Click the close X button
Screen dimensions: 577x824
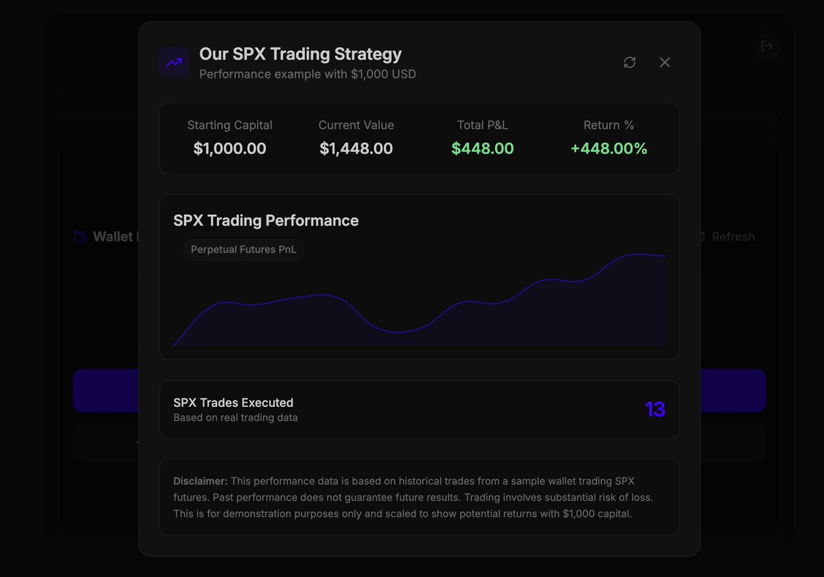pyautogui.click(x=665, y=62)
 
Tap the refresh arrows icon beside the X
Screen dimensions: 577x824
pyautogui.click(x=630, y=62)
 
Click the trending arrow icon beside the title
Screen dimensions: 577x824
pyautogui.click(x=174, y=62)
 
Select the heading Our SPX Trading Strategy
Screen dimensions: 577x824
pyautogui.click(x=300, y=54)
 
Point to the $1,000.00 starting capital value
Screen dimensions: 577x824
pyautogui.click(x=229, y=148)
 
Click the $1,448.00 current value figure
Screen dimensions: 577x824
pyautogui.click(x=356, y=148)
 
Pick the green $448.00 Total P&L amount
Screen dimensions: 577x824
pyautogui.click(x=482, y=148)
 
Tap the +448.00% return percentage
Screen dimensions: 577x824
pyautogui.click(x=608, y=148)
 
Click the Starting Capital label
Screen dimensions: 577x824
pyautogui.click(x=229, y=125)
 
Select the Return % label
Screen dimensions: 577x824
pyautogui.click(x=608, y=125)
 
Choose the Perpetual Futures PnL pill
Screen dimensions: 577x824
pyautogui.click(x=244, y=250)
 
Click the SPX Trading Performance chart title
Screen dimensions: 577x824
pyautogui.click(x=266, y=220)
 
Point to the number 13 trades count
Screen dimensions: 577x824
pyautogui.click(x=655, y=410)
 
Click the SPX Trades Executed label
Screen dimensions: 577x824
pyautogui.click(x=233, y=403)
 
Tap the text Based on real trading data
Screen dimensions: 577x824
pyautogui.click(x=236, y=417)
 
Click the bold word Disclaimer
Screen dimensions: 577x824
pyautogui.click(x=200, y=481)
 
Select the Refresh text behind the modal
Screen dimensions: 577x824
pyautogui.click(x=733, y=237)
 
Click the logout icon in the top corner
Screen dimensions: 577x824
pyautogui.click(x=767, y=46)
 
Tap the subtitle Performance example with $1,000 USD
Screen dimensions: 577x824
pyautogui.click(x=308, y=74)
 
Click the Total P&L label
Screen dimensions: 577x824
pyautogui.click(x=482, y=125)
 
